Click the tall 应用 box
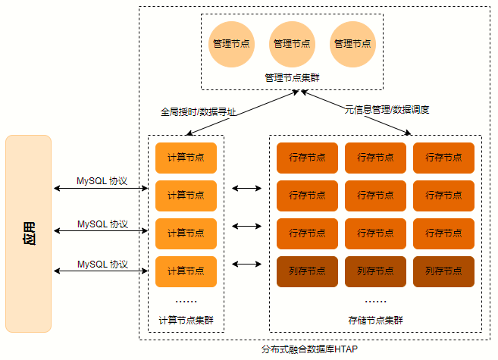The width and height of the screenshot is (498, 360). tap(28, 233)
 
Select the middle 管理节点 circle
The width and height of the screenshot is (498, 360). tap(292, 43)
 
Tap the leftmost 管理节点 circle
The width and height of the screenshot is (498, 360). tap(231, 43)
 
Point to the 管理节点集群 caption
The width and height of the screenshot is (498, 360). tap(292, 77)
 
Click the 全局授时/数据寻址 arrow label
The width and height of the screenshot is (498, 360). tap(199, 111)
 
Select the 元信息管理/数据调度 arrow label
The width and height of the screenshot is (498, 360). tap(387, 110)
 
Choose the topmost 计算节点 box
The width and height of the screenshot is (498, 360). tap(186, 158)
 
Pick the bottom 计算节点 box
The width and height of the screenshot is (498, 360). tap(186, 271)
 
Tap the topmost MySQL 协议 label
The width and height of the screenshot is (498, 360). tap(102, 182)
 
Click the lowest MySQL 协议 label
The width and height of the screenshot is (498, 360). tap(102, 264)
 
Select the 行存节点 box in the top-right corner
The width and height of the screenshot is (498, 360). tap(443, 158)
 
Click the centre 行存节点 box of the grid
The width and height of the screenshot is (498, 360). tap(375, 196)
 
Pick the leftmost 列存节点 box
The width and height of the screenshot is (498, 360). tap(307, 271)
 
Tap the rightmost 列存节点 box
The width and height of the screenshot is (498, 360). tap(443, 271)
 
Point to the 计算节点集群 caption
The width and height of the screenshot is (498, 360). tap(186, 320)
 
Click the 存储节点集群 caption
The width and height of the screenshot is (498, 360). tap(375, 320)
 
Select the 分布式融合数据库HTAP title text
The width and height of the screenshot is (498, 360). tap(309, 349)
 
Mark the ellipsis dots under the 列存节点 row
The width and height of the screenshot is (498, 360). tap(375, 300)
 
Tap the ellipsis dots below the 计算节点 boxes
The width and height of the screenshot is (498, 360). tap(186, 300)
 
